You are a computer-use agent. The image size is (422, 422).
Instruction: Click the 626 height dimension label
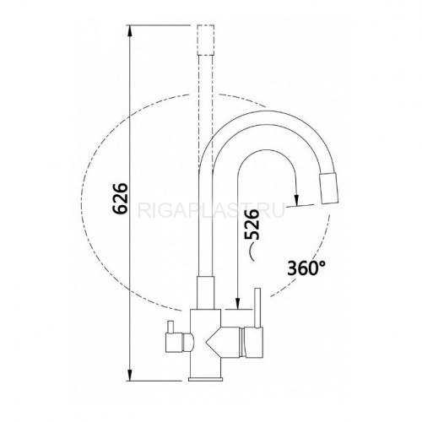pos(120,198)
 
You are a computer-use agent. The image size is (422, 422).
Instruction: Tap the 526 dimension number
pos(252,225)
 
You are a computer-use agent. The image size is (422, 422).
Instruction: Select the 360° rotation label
pos(306,268)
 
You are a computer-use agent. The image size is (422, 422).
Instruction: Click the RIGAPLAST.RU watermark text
pos(211,211)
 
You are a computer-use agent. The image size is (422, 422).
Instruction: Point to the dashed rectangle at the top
pos(206,40)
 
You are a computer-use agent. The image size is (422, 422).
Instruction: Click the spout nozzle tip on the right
pos(328,188)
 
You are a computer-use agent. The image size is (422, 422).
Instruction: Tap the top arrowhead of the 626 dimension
pos(129,31)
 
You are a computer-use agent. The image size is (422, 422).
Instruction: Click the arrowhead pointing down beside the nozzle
pos(296,200)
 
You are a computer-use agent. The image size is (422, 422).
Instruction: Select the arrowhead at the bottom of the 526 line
pos(238,304)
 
